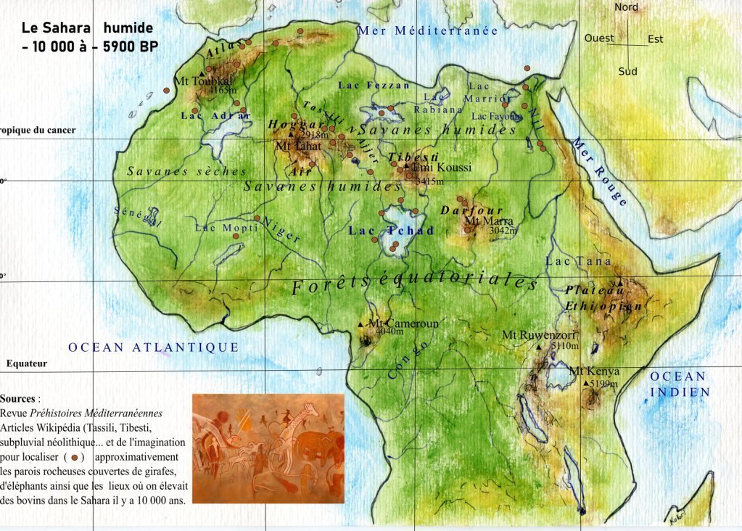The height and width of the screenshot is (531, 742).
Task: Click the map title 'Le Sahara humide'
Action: point(87,28)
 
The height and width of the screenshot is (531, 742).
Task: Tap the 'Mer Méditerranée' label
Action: point(427,30)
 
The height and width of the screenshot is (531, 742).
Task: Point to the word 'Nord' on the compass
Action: point(626,7)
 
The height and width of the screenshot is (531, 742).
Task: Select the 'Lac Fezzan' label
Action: point(374,85)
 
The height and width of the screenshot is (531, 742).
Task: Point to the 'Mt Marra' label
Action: point(489,221)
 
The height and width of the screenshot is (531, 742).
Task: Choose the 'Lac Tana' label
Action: point(578,261)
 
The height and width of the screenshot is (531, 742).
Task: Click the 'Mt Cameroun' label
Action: point(403,324)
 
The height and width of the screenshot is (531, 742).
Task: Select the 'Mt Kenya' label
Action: point(594,371)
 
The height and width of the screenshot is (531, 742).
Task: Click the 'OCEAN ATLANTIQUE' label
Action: point(153,347)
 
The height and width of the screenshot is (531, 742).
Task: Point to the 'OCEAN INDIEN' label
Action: point(677,384)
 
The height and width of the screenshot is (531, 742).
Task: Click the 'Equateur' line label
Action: point(27,363)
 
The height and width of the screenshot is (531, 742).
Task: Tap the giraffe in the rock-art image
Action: point(305,428)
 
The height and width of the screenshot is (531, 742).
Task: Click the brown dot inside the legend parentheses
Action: point(75,457)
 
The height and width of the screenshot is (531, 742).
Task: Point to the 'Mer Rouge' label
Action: point(598,171)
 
